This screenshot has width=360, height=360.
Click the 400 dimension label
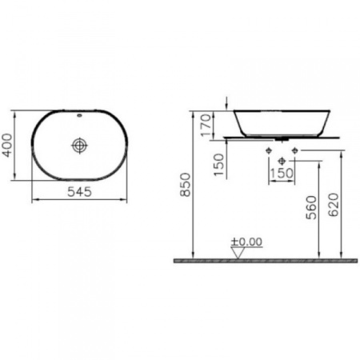point(9,145)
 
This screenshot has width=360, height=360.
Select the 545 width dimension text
point(78,192)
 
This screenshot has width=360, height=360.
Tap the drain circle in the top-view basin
point(78,146)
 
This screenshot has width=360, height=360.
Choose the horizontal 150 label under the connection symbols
point(282,173)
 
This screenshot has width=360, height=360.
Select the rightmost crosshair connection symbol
point(294,150)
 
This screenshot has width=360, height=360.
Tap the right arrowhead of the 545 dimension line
point(123,200)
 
